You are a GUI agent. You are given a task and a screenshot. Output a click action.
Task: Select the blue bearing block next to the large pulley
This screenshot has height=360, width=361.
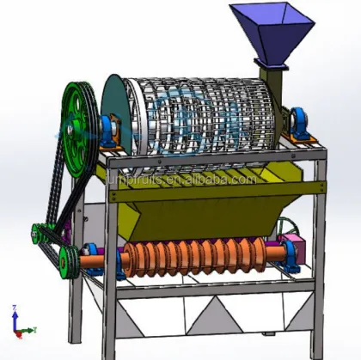(110, 129)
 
